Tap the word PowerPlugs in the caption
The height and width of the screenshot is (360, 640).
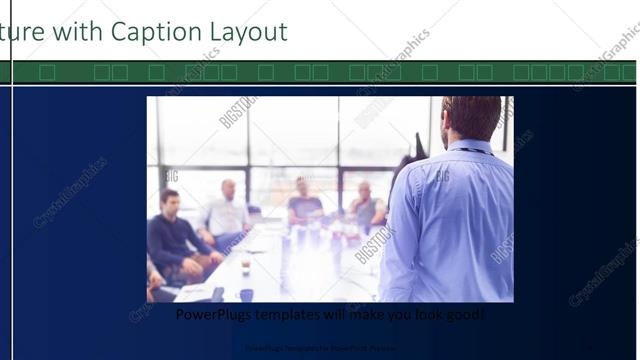pyautogui.click(x=212, y=314)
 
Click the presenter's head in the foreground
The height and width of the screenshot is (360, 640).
pyautogui.click(x=471, y=117)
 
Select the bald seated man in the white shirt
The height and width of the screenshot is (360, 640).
pyautogui.click(x=225, y=215)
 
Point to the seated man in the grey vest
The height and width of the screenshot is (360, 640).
pyautogui.click(x=366, y=207)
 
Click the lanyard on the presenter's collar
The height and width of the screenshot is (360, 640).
pyautogui.click(x=470, y=151)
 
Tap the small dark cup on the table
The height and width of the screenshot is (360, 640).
pyautogui.click(x=245, y=295)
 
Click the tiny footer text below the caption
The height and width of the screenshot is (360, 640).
pyautogui.click(x=320, y=349)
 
